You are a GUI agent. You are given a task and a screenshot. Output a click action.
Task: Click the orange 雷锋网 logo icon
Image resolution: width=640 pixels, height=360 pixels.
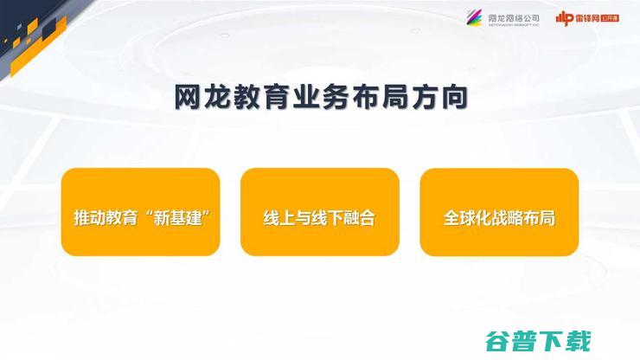coord(563,18)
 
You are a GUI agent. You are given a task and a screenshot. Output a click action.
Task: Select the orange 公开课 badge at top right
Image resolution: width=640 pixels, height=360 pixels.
coord(611,17)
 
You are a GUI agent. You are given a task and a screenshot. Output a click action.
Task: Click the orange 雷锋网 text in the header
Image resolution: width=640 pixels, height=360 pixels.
coord(587,17)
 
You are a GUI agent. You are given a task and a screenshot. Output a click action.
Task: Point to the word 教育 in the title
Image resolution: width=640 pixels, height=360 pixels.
coord(257,97)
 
